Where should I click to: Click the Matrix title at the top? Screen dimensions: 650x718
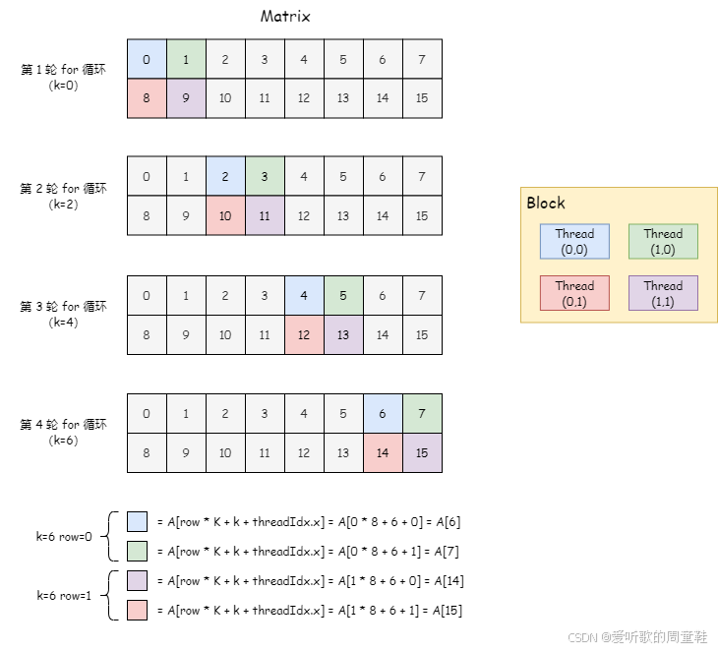(x=285, y=17)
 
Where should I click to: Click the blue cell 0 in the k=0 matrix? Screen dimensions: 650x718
(x=147, y=60)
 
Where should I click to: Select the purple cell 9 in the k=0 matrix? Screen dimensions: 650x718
(x=186, y=98)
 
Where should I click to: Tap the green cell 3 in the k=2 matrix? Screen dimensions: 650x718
(x=265, y=177)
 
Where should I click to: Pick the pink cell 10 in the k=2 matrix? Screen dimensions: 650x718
(x=225, y=215)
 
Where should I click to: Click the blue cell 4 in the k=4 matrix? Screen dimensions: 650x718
(x=304, y=295)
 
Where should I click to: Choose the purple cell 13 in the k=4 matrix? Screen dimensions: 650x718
(x=343, y=334)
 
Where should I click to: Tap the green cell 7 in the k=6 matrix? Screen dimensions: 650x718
(x=422, y=413)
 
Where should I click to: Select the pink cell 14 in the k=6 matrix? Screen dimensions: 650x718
(x=383, y=452)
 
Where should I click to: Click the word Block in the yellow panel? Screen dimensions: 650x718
(x=546, y=203)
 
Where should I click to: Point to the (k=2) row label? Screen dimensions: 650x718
(x=64, y=205)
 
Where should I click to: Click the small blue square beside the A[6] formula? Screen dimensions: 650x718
(x=137, y=522)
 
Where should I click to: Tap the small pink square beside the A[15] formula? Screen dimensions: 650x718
(x=137, y=611)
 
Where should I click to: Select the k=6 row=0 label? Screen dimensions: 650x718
(x=64, y=537)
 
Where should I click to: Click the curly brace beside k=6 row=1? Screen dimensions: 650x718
(x=112, y=596)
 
